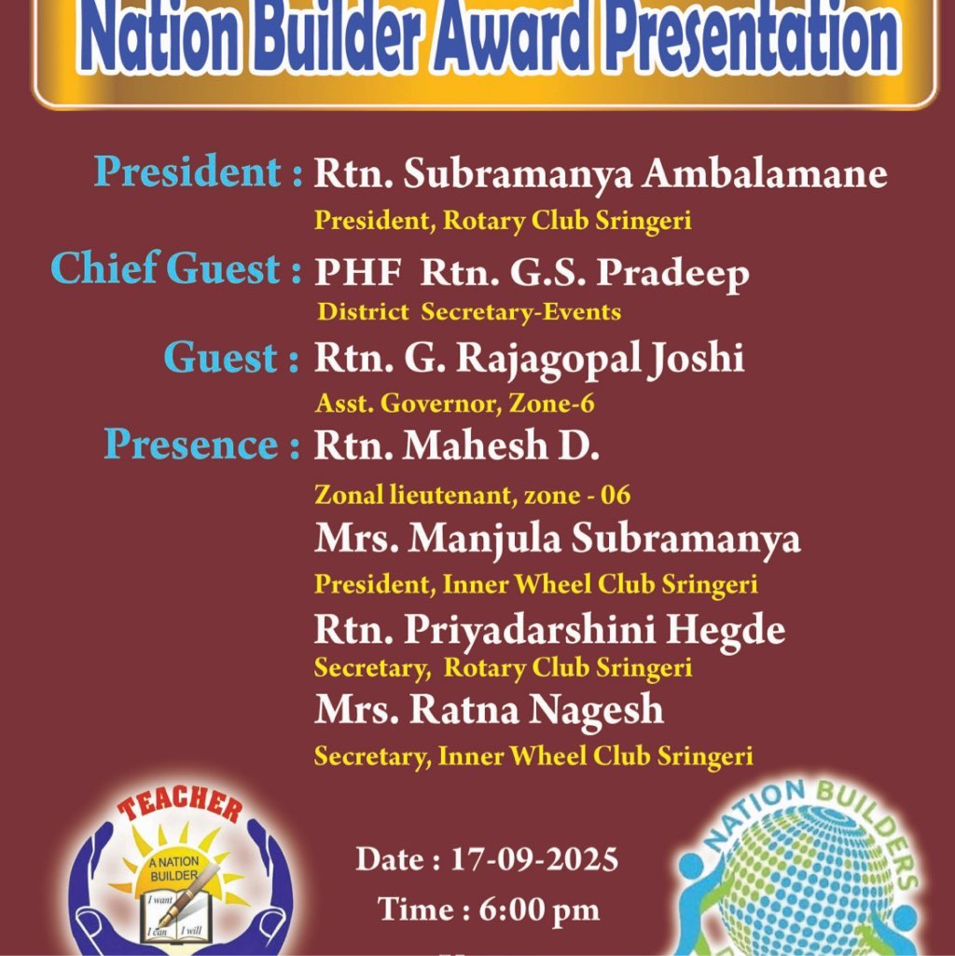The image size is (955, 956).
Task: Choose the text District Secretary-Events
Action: pos(469,312)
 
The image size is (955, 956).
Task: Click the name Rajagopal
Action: pos(548,360)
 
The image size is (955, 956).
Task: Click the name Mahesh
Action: pos(475,445)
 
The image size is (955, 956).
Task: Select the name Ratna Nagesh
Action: pos(535,711)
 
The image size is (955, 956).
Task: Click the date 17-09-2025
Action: pos(534,860)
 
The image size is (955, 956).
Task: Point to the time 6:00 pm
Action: pos(539,910)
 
